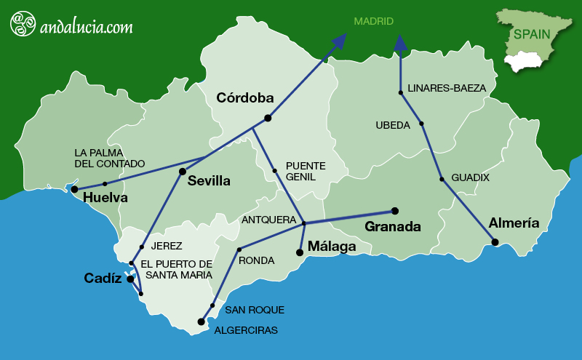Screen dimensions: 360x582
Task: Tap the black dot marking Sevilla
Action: click(x=183, y=172)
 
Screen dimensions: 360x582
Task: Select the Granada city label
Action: click(x=393, y=227)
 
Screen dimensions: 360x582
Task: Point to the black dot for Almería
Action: click(x=495, y=242)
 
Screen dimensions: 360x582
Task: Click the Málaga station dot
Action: click(x=299, y=253)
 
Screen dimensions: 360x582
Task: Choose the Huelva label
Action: click(x=105, y=198)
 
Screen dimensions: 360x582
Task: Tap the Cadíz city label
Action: click(x=103, y=278)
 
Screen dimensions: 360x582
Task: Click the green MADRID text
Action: click(x=373, y=22)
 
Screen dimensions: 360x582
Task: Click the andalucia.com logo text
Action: click(x=87, y=27)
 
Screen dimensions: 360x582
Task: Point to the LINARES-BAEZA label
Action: click(x=447, y=88)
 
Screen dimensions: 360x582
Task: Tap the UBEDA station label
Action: click(x=393, y=125)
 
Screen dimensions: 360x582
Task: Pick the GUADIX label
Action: click(x=470, y=177)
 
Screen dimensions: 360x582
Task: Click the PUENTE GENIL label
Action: click(x=306, y=171)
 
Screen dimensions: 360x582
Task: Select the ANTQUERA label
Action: click(x=268, y=219)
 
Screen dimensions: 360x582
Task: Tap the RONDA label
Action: click(x=257, y=260)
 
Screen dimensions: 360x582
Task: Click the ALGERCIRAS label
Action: click(x=246, y=330)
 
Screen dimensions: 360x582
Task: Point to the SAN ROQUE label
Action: click(x=255, y=310)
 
